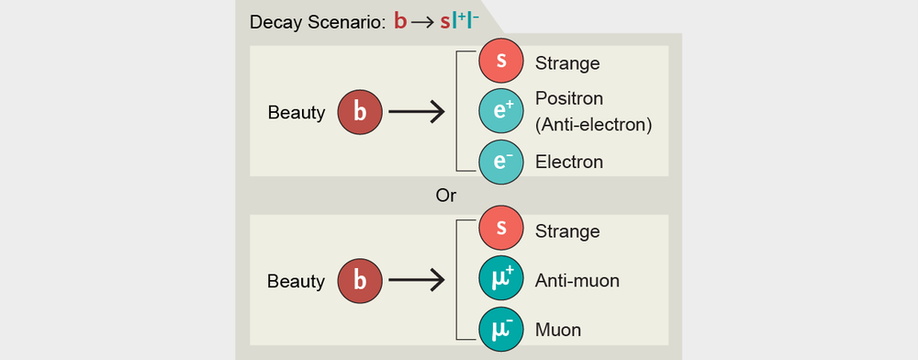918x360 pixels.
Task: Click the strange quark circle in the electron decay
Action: (x=501, y=63)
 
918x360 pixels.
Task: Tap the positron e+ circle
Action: (x=501, y=112)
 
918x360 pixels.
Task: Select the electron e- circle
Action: (x=501, y=162)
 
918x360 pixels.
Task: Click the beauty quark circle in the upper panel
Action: (x=361, y=112)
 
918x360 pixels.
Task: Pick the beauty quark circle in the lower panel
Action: (x=361, y=280)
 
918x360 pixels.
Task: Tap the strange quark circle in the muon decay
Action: (x=501, y=231)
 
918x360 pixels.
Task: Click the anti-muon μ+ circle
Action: (x=501, y=280)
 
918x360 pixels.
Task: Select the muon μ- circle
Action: (x=501, y=329)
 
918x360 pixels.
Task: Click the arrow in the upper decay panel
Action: (x=417, y=112)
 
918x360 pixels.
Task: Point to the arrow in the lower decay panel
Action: (x=417, y=280)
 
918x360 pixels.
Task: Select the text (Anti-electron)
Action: (x=593, y=124)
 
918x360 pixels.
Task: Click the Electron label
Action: (x=569, y=163)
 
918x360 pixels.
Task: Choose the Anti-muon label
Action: (x=577, y=280)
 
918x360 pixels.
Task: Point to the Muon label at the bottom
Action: (x=558, y=329)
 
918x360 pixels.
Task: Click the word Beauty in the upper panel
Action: (x=297, y=113)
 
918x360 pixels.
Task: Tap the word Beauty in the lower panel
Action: (x=297, y=280)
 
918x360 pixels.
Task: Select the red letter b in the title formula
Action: (x=400, y=20)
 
